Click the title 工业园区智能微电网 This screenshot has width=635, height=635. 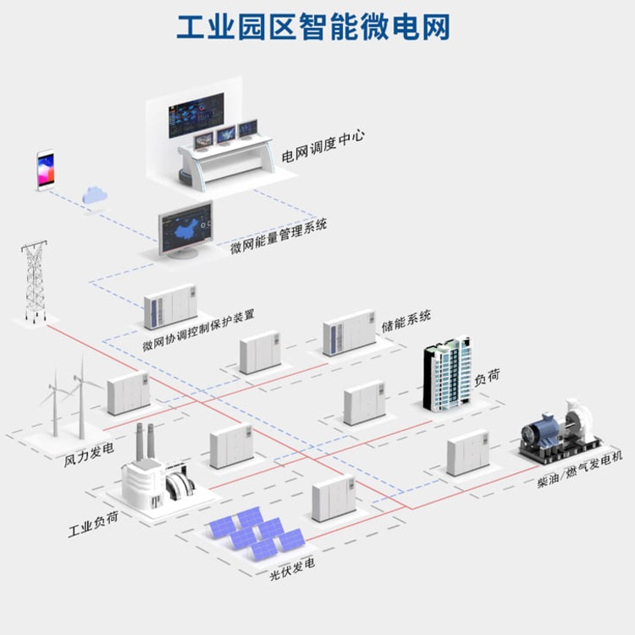[x=313, y=27]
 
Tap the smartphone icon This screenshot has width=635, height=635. [x=46, y=170]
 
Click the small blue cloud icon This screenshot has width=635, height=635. [x=95, y=195]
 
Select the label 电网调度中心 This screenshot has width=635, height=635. [x=323, y=146]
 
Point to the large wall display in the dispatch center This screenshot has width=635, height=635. [x=196, y=115]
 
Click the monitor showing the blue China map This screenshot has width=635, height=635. [x=185, y=229]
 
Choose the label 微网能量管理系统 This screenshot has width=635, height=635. [x=279, y=236]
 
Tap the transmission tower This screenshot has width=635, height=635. [x=35, y=281]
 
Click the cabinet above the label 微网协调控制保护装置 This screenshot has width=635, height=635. [x=170, y=306]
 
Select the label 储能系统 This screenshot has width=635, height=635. [x=406, y=321]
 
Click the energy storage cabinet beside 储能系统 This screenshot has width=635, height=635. [x=349, y=333]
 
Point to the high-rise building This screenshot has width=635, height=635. [x=448, y=373]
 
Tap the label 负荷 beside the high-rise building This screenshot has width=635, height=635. [x=487, y=377]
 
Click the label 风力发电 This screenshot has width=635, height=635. [x=89, y=455]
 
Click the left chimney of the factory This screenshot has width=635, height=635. [x=140, y=442]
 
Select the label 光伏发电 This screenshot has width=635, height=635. [x=292, y=569]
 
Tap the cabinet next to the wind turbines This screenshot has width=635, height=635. [x=129, y=393]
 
